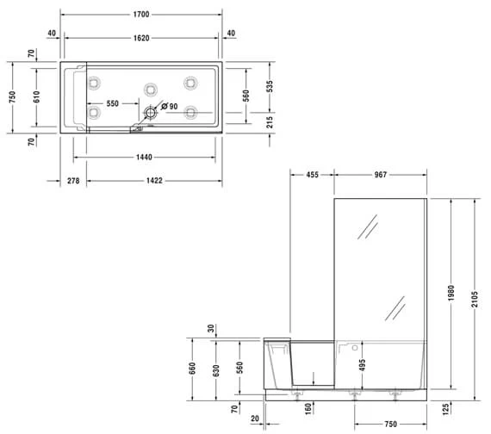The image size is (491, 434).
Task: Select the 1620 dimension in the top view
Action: coord(142,39)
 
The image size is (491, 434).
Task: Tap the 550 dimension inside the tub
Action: coord(112,105)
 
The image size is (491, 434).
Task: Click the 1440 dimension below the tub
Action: coord(143,158)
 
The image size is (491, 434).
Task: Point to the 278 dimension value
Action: coord(72,182)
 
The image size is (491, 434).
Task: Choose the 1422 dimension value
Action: coord(153,182)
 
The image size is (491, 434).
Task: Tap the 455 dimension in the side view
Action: coord(312,175)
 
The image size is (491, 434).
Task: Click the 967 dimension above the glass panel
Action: coord(381,175)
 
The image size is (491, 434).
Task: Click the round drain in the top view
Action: coord(152,111)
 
